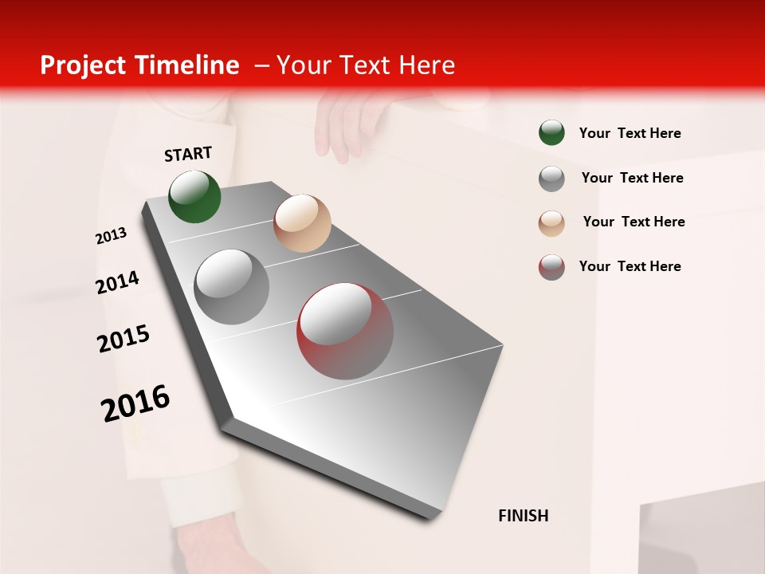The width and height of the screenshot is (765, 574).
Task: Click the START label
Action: click(x=188, y=154)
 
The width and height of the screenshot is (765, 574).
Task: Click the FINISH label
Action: click(x=524, y=516)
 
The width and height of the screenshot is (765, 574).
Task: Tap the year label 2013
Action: click(x=112, y=236)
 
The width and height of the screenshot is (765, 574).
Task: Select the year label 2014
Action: click(x=118, y=282)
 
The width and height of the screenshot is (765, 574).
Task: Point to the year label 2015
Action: click(x=124, y=339)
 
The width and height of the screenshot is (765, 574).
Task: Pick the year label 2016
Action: click(x=135, y=403)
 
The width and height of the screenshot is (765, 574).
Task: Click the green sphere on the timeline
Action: click(x=195, y=196)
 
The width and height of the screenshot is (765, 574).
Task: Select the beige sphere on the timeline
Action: click(x=302, y=223)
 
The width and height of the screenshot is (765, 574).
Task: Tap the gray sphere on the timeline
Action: click(x=232, y=286)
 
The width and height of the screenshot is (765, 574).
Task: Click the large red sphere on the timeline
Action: click(x=345, y=331)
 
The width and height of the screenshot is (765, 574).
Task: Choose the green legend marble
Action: click(x=551, y=133)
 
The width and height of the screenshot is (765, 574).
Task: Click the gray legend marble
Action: click(x=551, y=179)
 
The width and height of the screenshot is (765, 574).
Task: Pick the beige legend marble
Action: click(x=551, y=223)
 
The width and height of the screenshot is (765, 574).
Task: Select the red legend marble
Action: click(x=551, y=267)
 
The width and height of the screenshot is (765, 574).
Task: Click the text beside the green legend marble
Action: click(x=630, y=134)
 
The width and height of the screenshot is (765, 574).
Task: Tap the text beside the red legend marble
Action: click(x=630, y=266)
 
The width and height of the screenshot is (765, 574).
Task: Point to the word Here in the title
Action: click(x=426, y=65)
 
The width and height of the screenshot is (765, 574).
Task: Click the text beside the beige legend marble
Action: click(x=634, y=222)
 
